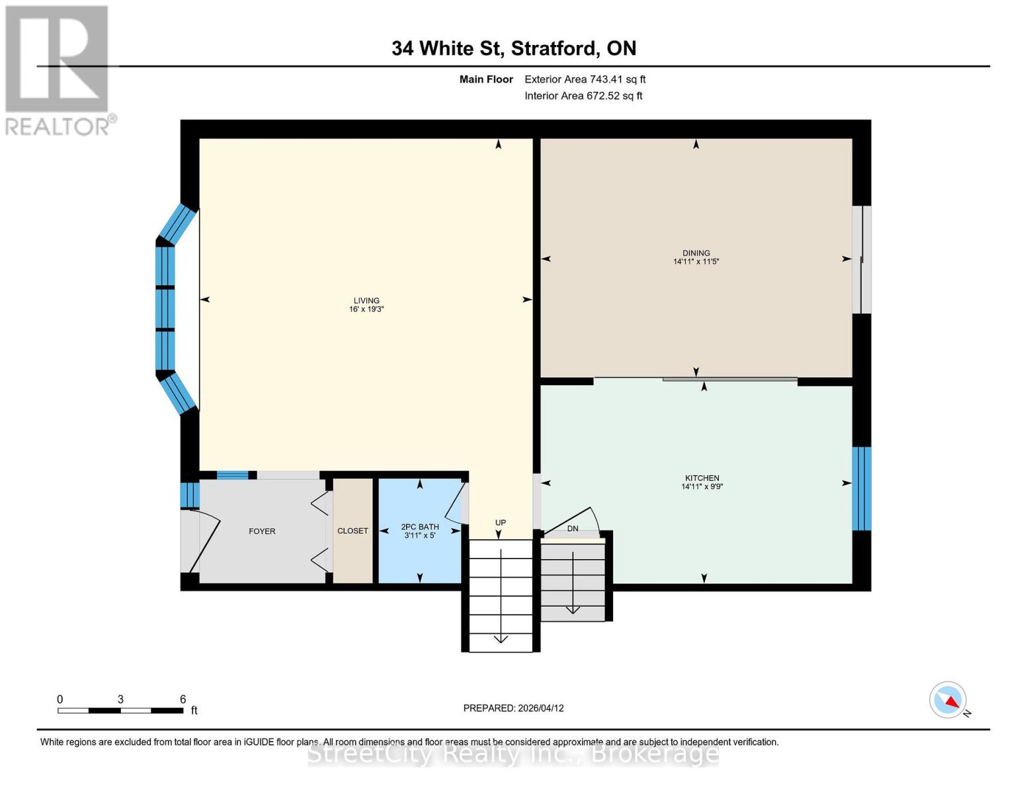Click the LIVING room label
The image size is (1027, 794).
point(366,300)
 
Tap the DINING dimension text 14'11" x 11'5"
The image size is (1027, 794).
point(696,262)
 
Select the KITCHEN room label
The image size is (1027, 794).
point(702,478)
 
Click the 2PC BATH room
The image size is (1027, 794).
point(419,531)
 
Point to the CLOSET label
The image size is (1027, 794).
point(352,531)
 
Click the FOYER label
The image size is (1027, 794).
point(262,531)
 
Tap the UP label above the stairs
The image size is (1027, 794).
point(501,523)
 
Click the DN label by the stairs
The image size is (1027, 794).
point(573,529)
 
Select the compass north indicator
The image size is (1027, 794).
point(949,700)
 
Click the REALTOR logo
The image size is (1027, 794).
point(58,69)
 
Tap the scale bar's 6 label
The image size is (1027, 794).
point(183,699)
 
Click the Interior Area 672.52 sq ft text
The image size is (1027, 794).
point(583,96)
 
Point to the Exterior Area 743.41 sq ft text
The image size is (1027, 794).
point(585,79)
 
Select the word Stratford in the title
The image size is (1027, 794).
point(554,48)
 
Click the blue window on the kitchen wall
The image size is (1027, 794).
point(861,488)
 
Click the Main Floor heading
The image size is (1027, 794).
point(486,79)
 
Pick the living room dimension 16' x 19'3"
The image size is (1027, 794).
point(366,309)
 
